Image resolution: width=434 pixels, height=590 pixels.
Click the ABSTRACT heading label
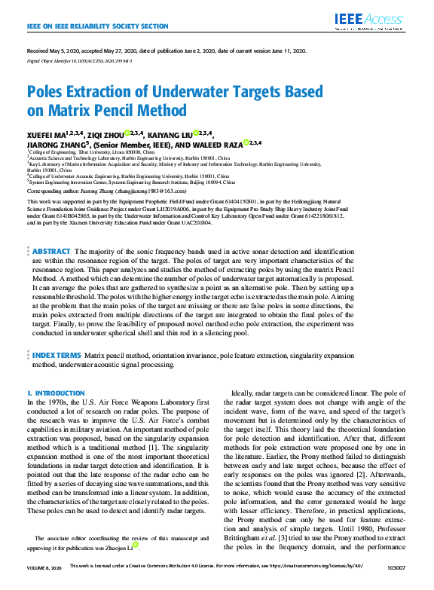tap(51, 230)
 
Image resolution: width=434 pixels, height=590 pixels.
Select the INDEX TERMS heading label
tap(56, 354)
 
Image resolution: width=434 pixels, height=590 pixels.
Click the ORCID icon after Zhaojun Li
tap(135, 545)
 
